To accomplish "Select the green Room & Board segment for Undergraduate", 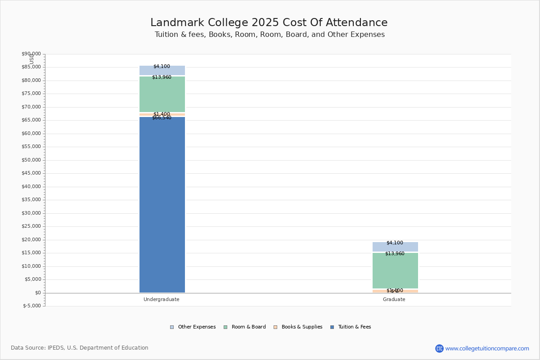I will pos(162,94).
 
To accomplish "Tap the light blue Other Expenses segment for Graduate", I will pos(395,247).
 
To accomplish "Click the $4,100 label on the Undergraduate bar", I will pos(162,67).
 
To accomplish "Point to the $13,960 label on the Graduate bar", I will pos(395,254).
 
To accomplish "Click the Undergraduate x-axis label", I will pos(162,299).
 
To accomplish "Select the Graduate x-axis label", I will pos(394,299).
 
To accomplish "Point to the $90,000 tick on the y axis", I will pos(31,54).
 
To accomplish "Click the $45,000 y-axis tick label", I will pos(31,173).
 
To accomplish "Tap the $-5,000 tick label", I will pos(31,306).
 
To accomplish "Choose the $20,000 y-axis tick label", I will pos(31,240).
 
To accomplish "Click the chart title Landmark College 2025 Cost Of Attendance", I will pos(269,23).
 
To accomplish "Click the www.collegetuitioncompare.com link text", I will pos(487,348).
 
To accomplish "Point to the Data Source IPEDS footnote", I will pos(80,348).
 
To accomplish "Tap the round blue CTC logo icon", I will pos(439,348).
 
